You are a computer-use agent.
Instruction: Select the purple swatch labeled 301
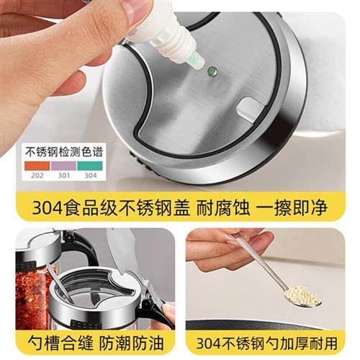pyautogui.click(x=64, y=164)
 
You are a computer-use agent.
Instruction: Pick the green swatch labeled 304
pyautogui.click(x=90, y=164)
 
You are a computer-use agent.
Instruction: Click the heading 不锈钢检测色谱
pyautogui.click(x=63, y=153)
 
